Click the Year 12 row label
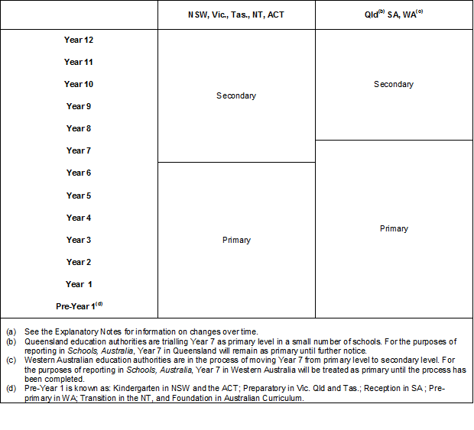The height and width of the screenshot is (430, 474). click(79, 40)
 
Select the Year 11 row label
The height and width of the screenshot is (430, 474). click(79, 62)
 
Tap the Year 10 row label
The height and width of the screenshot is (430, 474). click(79, 84)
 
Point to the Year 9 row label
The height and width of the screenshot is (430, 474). click(79, 106)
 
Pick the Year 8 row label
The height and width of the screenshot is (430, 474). click(79, 128)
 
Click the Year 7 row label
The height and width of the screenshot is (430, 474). click(79, 150)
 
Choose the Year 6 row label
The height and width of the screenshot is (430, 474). click(79, 173)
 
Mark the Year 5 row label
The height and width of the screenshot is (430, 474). click(79, 196)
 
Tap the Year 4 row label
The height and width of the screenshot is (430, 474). click(79, 218)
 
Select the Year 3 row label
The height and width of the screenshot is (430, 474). click(79, 240)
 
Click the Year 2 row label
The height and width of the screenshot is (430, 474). click(79, 262)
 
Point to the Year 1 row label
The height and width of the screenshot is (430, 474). click(75, 284)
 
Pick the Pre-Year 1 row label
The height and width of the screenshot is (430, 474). click(79, 306)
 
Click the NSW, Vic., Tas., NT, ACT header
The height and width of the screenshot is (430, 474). click(236, 15)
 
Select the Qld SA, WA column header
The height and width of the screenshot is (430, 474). click(394, 15)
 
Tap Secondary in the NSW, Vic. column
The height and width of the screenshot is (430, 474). click(236, 95)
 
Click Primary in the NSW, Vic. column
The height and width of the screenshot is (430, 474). click(236, 240)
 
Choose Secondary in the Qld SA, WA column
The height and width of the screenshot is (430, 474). click(394, 84)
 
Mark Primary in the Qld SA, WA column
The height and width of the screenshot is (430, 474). click(394, 228)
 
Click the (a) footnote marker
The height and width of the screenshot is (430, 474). click(11, 331)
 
